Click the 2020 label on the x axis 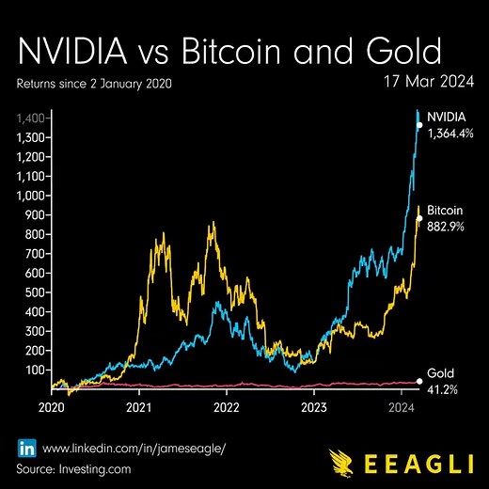50,408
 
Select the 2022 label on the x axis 226,408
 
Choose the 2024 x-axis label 402,408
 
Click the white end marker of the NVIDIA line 419,124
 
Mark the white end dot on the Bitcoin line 419,218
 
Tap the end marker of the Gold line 419,382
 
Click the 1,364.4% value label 450,134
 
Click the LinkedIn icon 26,447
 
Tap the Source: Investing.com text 72,467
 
